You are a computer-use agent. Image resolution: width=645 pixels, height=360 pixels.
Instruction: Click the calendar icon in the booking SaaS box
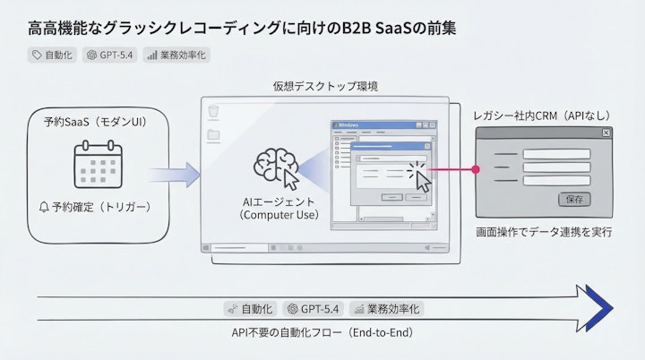click(96, 164)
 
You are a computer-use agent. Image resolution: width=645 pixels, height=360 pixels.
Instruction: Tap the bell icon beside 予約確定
click(44, 208)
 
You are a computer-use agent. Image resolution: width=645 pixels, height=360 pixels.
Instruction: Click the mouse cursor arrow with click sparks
click(420, 176)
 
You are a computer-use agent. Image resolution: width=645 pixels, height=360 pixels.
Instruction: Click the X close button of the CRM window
click(606, 133)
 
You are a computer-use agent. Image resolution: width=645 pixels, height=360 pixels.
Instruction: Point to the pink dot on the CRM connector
click(476, 167)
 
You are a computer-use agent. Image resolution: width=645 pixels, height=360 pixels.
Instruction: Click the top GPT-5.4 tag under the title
click(109, 55)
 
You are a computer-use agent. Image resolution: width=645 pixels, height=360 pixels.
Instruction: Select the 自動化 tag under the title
click(53, 55)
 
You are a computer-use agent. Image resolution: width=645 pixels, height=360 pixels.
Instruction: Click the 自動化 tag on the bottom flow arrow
click(251, 308)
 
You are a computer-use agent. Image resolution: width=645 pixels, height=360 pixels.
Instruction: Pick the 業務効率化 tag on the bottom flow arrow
click(387, 308)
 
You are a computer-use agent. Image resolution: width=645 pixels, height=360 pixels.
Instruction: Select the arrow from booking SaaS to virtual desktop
click(176, 170)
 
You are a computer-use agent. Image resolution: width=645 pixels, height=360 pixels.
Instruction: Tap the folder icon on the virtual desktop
click(213, 136)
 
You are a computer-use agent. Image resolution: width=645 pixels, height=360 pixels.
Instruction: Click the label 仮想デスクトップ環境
click(324, 86)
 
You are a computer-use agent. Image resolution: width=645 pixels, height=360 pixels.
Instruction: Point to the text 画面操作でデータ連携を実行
click(544, 232)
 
